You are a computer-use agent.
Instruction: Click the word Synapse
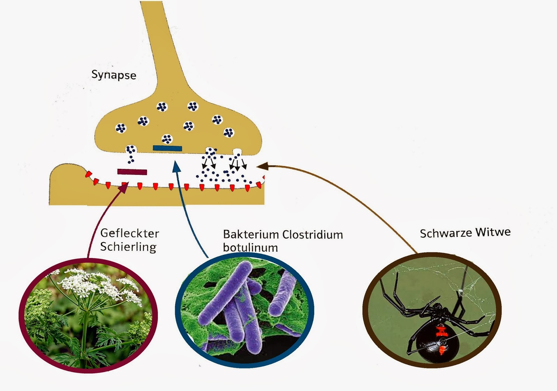(113, 75)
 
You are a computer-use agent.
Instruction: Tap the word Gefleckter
(130, 233)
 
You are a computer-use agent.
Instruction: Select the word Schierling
(128, 247)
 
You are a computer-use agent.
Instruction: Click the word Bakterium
(251, 234)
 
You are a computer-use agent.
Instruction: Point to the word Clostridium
(312, 235)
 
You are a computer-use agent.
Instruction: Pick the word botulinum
(250, 248)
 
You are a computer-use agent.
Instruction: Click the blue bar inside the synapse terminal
(167, 148)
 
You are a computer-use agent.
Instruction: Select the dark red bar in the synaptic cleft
(132, 172)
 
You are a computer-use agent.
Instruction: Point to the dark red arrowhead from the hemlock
(124, 188)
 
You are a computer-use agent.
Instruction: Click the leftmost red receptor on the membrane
(88, 174)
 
